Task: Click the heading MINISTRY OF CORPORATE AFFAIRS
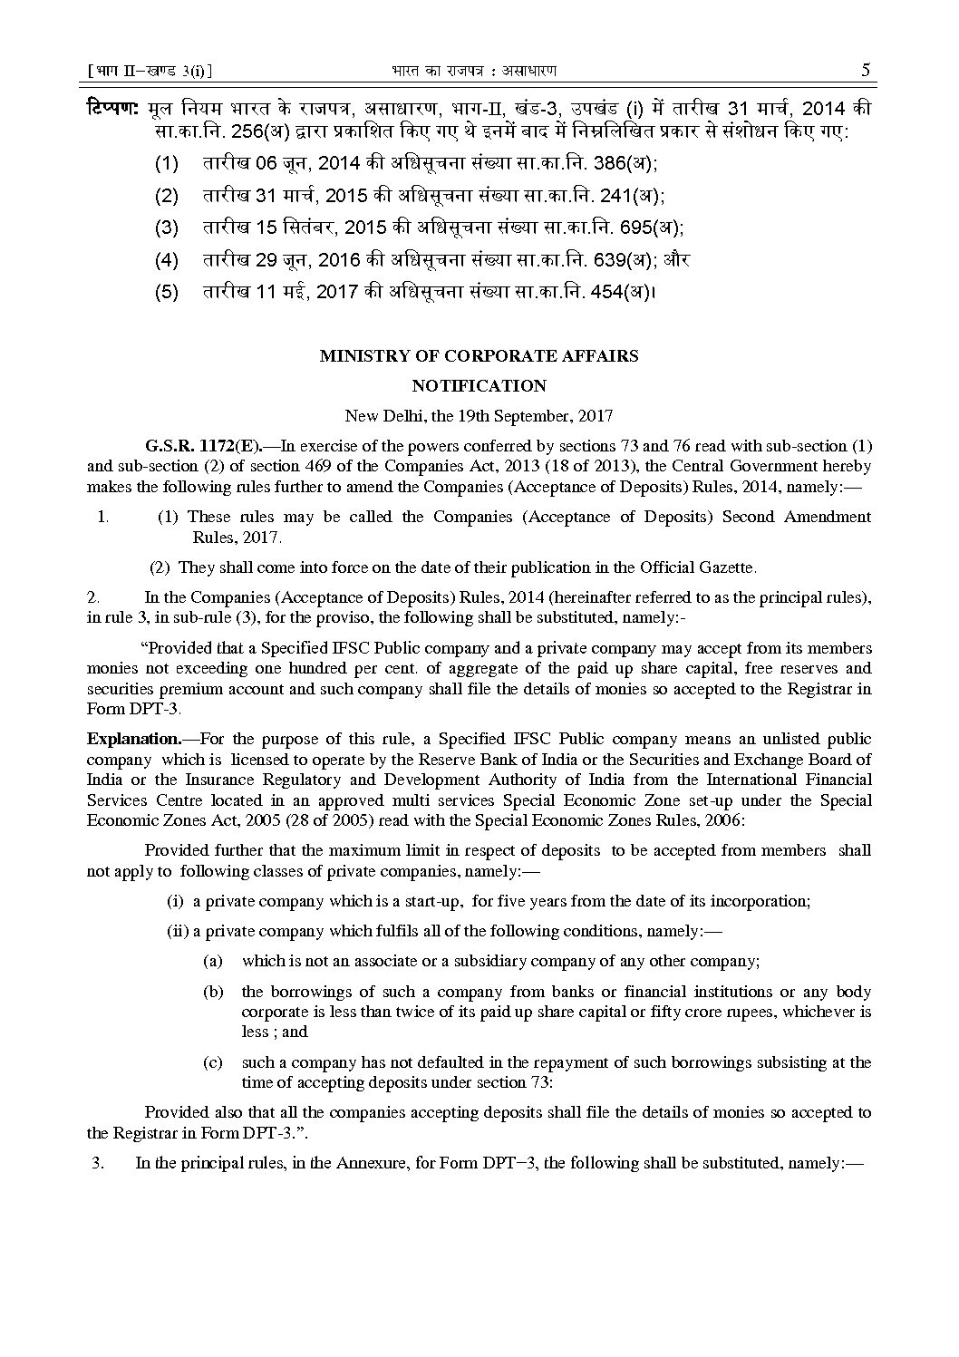pos(479,356)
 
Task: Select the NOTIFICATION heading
pos(479,386)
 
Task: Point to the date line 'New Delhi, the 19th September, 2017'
pos(479,416)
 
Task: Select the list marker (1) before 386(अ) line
pos(167,164)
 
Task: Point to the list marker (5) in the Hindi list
pos(167,292)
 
